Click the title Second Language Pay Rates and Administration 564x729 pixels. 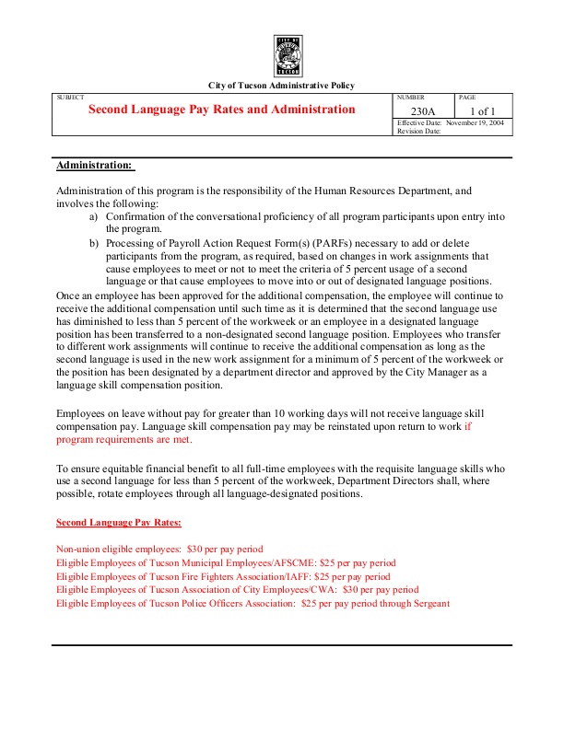tap(221, 110)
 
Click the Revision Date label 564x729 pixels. tap(419, 131)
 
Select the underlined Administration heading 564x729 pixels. tap(95, 166)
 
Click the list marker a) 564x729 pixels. tap(94, 216)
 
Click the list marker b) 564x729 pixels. tap(94, 243)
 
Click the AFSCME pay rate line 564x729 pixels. tap(226, 561)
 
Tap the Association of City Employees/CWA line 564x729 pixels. tap(237, 589)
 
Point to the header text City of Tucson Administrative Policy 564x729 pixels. tap(282, 86)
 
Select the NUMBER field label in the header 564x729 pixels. tap(410, 97)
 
